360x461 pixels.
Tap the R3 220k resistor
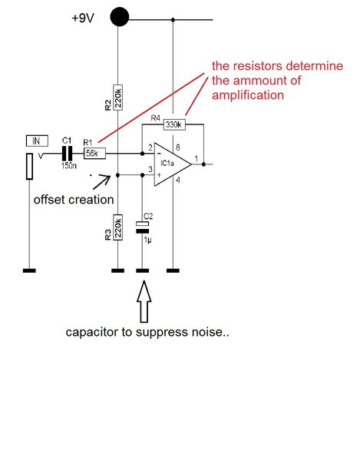[117, 226]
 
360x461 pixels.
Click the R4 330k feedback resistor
[174, 124]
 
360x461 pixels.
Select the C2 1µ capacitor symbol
[142, 227]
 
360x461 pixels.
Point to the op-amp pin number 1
[197, 158]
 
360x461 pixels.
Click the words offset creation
[73, 199]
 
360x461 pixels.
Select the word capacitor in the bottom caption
[94, 333]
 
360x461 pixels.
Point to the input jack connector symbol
[29, 165]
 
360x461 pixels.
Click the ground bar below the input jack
[29, 270]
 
